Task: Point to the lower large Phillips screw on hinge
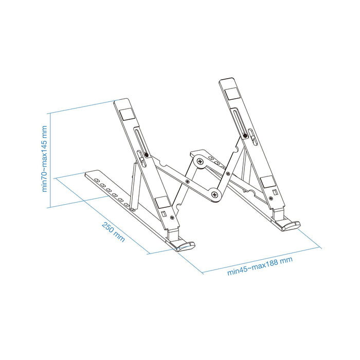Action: (x=214, y=194)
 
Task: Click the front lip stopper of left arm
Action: (x=185, y=246)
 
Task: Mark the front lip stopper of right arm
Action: (x=290, y=225)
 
